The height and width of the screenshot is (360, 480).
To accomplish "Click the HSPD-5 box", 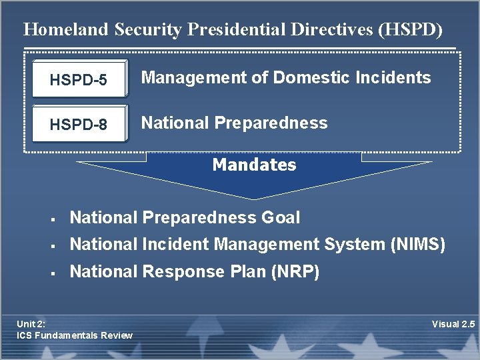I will [x=79, y=80].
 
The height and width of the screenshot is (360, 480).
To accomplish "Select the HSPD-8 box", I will [x=79, y=125].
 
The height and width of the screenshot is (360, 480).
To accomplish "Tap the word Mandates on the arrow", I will [x=254, y=165].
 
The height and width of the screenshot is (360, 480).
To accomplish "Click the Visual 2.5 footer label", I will [x=453, y=324].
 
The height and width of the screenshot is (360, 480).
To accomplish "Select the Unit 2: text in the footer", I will [x=31, y=324].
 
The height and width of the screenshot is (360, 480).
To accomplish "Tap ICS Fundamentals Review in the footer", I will [x=75, y=335].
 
